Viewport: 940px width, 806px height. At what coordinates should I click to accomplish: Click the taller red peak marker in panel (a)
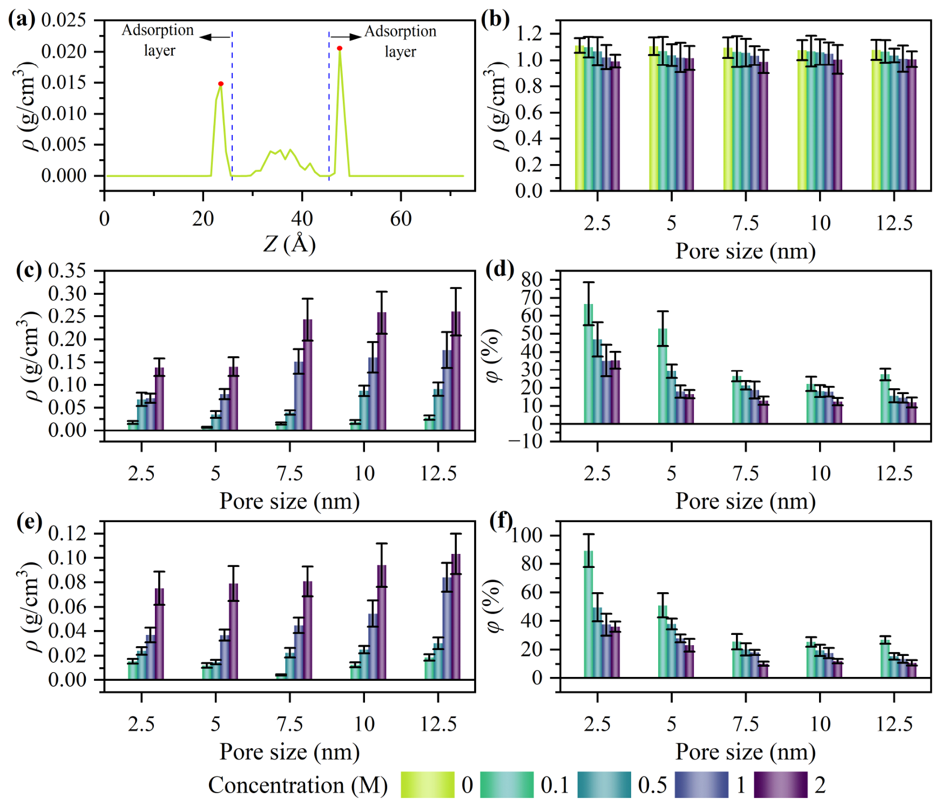[340, 49]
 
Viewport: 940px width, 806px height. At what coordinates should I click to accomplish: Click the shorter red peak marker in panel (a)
[221, 84]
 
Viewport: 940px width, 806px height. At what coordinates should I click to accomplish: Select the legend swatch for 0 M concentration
[428, 784]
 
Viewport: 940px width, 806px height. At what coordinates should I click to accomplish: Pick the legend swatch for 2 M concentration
[781, 784]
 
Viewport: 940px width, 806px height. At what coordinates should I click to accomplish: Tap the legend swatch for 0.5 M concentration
[604, 784]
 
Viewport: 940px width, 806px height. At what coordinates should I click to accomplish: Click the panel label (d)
[500, 268]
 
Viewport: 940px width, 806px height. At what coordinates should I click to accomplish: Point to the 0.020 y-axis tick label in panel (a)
[64, 51]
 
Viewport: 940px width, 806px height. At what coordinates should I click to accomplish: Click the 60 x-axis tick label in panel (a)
[401, 219]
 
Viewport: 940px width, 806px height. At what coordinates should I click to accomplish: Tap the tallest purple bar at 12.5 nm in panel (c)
[456, 371]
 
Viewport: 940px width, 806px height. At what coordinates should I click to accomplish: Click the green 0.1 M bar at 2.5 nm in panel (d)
[589, 364]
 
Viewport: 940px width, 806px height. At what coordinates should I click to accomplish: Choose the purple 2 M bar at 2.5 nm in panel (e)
[159, 634]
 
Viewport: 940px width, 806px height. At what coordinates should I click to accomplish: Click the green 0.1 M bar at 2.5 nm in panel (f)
[589, 614]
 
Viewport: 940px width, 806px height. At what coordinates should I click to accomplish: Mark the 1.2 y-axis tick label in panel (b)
[529, 34]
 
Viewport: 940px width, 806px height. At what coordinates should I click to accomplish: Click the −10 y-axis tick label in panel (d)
[526, 442]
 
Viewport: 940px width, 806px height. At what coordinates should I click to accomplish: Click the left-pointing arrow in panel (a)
[215, 37]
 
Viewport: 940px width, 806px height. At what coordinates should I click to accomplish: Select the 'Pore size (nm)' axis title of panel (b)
[746, 251]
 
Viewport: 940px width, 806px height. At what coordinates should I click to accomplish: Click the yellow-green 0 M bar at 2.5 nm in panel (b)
[579, 118]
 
